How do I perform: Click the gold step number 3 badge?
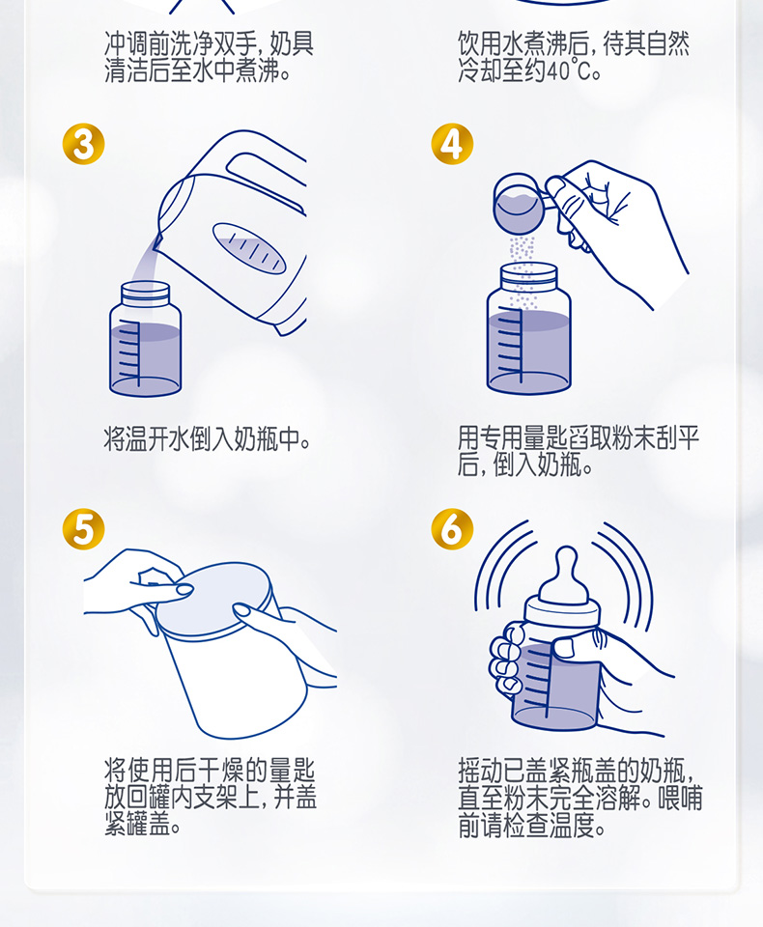[83, 144]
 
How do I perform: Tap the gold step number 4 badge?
[452, 144]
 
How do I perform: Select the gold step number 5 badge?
[83, 528]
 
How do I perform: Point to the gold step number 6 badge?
[452, 528]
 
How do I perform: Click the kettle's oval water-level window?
[249, 248]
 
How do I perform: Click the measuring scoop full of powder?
[520, 203]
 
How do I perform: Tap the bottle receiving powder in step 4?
[528, 328]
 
